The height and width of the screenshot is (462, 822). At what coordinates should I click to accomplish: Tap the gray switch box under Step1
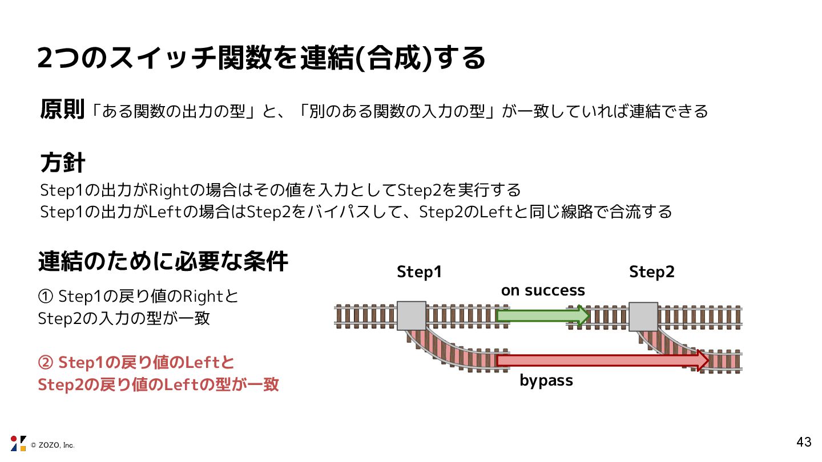pos(412,315)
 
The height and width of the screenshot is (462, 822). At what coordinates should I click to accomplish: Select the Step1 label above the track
pos(420,273)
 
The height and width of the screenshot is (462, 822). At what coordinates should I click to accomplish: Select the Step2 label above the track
pos(652,273)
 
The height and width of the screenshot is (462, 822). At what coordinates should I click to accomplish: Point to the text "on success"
pos(543,291)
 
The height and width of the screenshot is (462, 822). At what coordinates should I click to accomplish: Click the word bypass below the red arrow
pos(546,380)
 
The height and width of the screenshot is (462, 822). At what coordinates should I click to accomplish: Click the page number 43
pos(804,442)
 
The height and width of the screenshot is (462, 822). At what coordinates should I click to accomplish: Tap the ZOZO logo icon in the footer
pos(18,443)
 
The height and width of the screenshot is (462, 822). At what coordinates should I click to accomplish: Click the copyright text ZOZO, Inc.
pos(53,445)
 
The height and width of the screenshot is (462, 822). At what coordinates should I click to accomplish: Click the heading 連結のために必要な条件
pos(163,262)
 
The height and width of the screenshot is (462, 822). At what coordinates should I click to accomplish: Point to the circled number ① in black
pos(45,297)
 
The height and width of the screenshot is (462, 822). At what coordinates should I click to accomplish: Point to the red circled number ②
pos(45,363)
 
